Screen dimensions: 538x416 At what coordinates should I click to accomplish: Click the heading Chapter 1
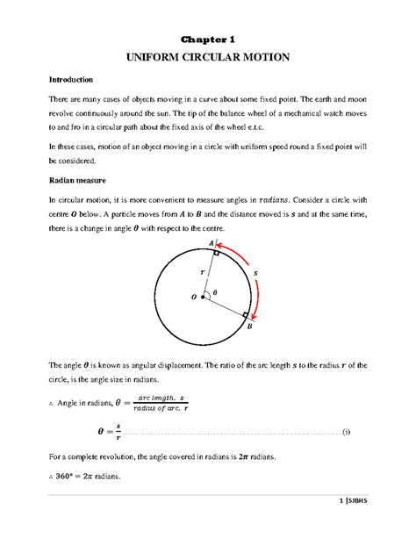(x=208, y=39)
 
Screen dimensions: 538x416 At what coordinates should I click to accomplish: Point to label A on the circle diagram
(x=211, y=243)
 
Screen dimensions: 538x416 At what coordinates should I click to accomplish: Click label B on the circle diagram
(x=249, y=326)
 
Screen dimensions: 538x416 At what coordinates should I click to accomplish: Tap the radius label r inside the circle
(x=203, y=273)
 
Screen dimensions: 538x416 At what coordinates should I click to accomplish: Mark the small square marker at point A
(x=215, y=252)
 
